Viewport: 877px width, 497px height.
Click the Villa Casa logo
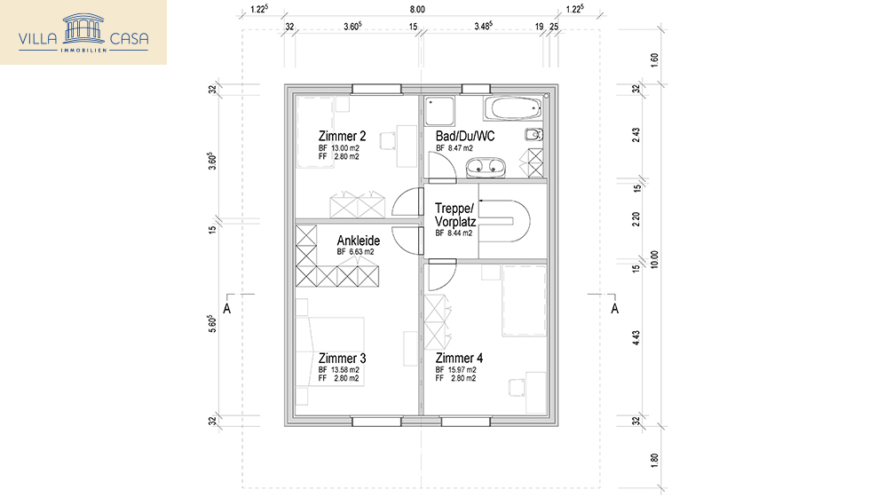click(x=83, y=33)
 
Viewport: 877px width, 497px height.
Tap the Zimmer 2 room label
click(x=342, y=136)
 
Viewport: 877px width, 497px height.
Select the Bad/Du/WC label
click(x=465, y=136)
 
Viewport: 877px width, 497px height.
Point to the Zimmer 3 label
click(x=342, y=358)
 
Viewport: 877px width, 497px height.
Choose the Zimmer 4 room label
click(x=459, y=358)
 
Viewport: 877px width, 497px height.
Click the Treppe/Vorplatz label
click(x=455, y=216)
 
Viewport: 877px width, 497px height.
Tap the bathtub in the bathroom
click(x=513, y=109)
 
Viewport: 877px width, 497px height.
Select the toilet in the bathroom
click(x=533, y=136)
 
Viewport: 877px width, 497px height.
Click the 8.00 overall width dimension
click(x=417, y=9)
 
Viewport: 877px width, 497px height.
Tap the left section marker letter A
click(x=227, y=309)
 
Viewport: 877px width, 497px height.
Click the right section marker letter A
click(x=613, y=309)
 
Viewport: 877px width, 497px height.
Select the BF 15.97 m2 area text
click(x=455, y=369)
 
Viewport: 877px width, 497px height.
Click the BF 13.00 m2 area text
click(x=340, y=147)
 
